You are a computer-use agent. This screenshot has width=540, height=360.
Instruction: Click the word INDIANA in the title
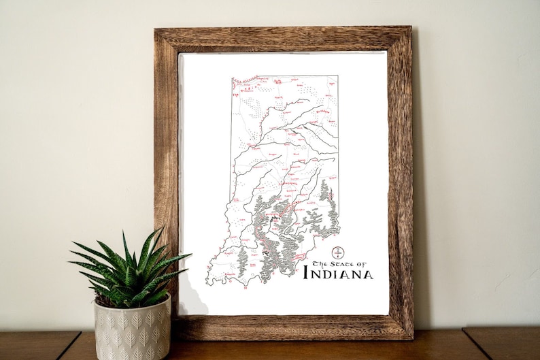coord(337,274)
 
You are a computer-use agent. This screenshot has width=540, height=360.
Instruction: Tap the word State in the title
coord(342,263)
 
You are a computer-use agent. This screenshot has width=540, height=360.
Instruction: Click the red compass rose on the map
coord(337,252)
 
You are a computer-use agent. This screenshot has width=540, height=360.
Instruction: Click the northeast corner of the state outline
coord(337,76)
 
